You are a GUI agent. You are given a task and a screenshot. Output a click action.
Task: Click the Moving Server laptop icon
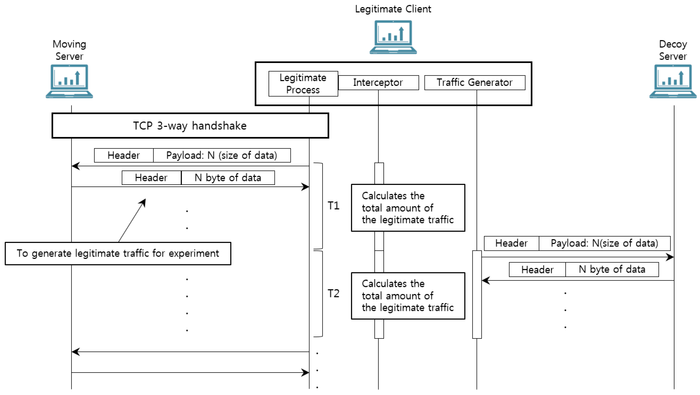click(x=69, y=81)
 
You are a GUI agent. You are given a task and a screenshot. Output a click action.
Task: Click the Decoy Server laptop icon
click(x=673, y=81)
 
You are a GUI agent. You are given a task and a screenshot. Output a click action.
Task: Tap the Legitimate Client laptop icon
click(x=393, y=37)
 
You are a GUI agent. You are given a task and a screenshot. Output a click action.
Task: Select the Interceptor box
click(x=378, y=82)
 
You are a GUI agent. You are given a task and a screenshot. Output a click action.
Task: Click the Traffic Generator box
click(x=474, y=82)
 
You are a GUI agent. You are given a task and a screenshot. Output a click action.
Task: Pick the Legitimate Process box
click(x=303, y=84)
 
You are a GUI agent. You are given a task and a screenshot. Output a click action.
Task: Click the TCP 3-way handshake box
click(x=190, y=126)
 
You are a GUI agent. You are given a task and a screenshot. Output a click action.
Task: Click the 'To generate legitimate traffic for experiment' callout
click(x=118, y=253)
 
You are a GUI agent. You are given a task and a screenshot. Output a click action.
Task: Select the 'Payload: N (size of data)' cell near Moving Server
click(x=222, y=155)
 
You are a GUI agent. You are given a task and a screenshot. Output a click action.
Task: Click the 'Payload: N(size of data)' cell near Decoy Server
click(x=604, y=243)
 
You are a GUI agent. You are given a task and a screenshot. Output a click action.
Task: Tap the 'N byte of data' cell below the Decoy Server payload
click(x=612, y=269)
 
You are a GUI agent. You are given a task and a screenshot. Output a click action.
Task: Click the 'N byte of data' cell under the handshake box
click(x=228, y=178)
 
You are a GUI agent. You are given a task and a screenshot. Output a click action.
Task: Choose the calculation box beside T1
click(x=408, y=208)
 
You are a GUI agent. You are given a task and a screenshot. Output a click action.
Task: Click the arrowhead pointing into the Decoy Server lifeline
click(x=670, y=257)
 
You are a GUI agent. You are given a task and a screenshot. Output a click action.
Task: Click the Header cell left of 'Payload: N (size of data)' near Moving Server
click(x=124, y=155)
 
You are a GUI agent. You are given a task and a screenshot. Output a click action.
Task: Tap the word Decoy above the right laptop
click(x=673, y=44)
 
